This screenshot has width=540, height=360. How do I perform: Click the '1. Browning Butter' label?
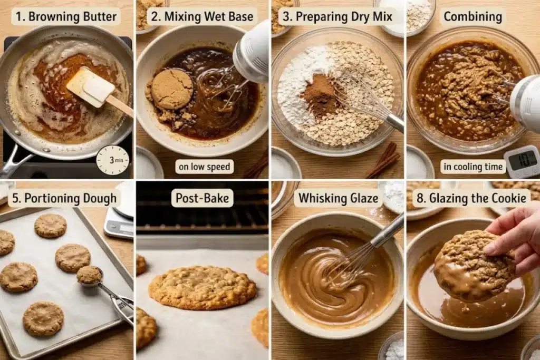(x=66, y=16)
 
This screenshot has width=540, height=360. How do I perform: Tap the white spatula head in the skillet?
(x=91, y=86)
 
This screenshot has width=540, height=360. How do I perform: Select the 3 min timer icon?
(x=113, y=160)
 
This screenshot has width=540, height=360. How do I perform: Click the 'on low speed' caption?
(x=204, y=167)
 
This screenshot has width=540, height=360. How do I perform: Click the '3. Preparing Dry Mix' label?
(x=337, y=16)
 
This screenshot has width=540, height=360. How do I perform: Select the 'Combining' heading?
(x=472, y=16)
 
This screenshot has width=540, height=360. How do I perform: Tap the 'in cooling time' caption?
(x=473, y=167)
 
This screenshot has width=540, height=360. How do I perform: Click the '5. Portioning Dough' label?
(x=64, y=198)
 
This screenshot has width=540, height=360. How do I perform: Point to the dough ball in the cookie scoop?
(x=89, y=275)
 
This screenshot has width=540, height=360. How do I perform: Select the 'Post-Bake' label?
(x=202, y=198)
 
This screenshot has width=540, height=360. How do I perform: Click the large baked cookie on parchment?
(x=202, y=287)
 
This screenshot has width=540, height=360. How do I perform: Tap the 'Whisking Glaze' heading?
(x=338, y=198)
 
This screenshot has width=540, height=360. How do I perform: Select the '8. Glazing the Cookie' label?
(x=471, y=198)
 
